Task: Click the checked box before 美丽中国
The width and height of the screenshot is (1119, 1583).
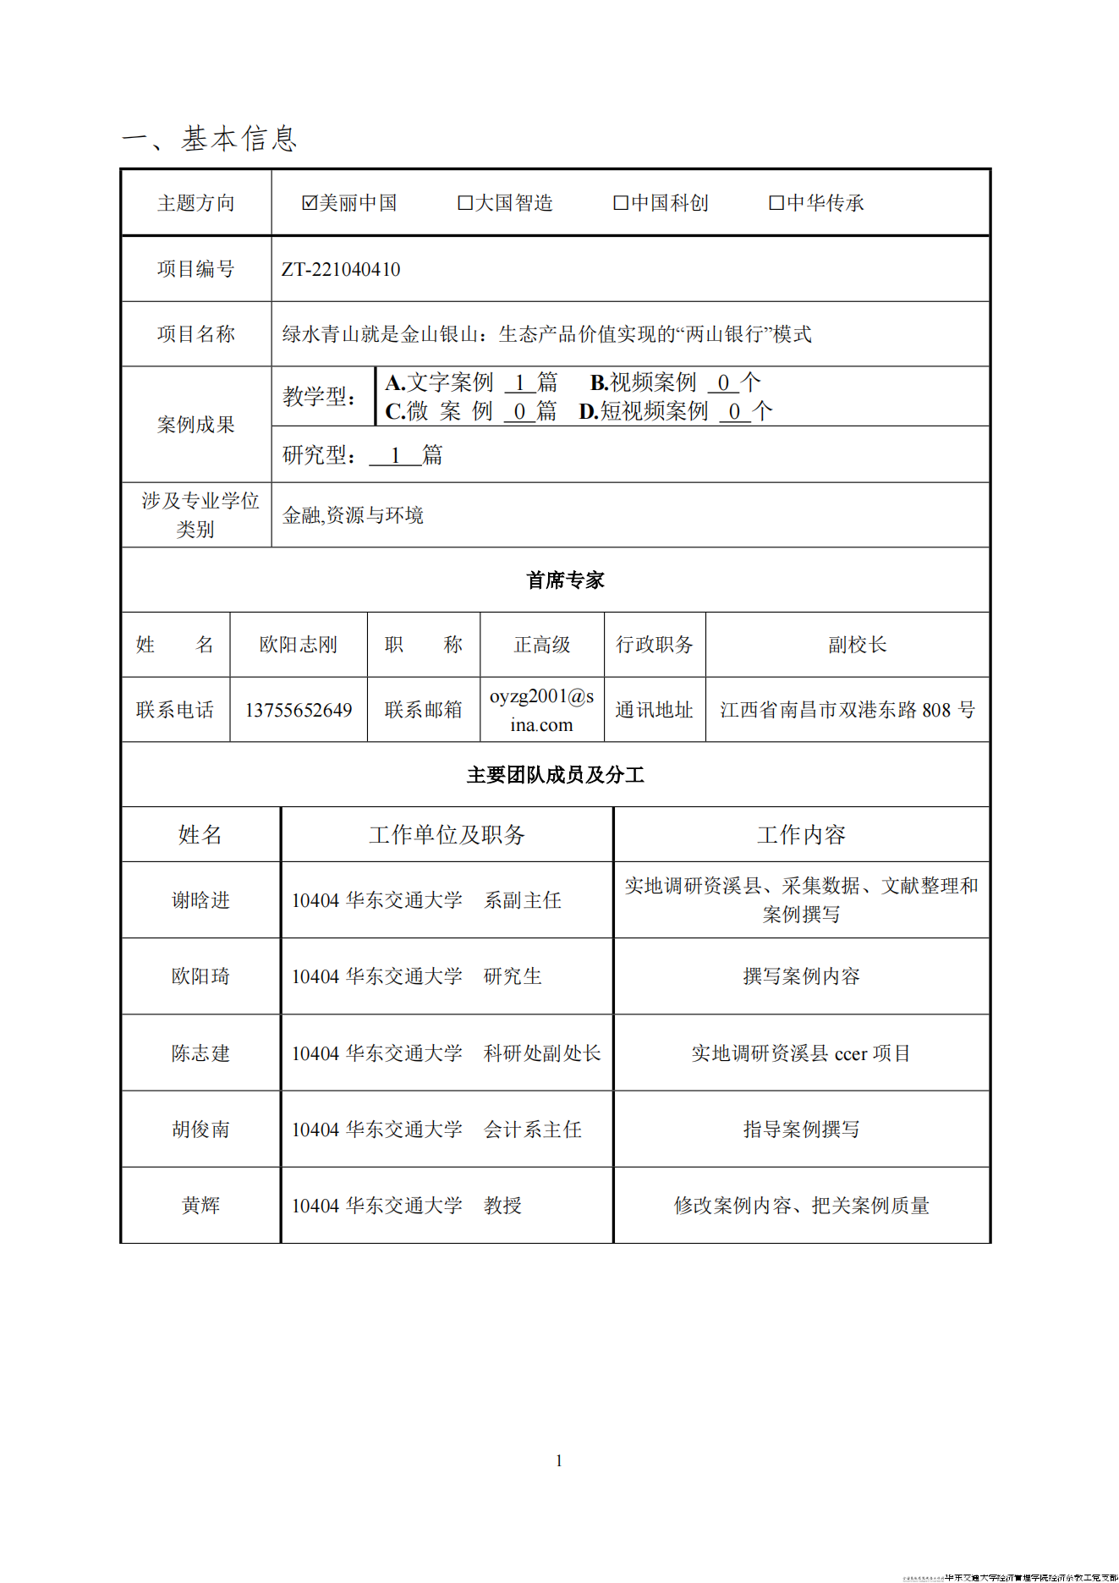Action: pos(310,203)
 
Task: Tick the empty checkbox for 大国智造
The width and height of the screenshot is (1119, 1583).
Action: pos(465,203)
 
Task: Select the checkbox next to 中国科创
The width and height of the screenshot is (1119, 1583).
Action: pos(621,203)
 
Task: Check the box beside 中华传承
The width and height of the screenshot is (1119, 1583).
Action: pos(776,203)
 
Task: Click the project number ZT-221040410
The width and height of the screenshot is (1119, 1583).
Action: pos(341,270)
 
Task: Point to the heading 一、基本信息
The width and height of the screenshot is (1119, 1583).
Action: pos(210,139)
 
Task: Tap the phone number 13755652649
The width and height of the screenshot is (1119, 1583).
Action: pos(299,711)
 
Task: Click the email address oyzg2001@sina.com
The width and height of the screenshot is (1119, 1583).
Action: pos(542,711)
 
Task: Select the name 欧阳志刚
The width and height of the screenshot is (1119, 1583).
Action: pos(299,646)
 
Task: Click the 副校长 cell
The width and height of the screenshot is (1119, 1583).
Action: pos(857,646)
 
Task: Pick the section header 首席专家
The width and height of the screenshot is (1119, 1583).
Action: pos(565,580)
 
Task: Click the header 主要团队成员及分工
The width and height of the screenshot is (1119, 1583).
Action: pos(556,775)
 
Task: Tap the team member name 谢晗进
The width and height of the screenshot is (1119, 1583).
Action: pos(201,901)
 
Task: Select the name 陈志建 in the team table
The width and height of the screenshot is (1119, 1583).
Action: pos(201,1053)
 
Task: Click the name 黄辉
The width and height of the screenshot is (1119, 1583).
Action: pos(201,1206)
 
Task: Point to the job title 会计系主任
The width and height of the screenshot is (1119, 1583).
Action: pos(533,1130)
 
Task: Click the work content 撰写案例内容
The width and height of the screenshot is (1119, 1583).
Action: pos(801,977)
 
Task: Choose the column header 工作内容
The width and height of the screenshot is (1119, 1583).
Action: pos(801,836)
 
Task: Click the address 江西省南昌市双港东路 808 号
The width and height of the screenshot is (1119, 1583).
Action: pos(847,711)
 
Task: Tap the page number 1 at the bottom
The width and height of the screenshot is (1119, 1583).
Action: pos(559,1461)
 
